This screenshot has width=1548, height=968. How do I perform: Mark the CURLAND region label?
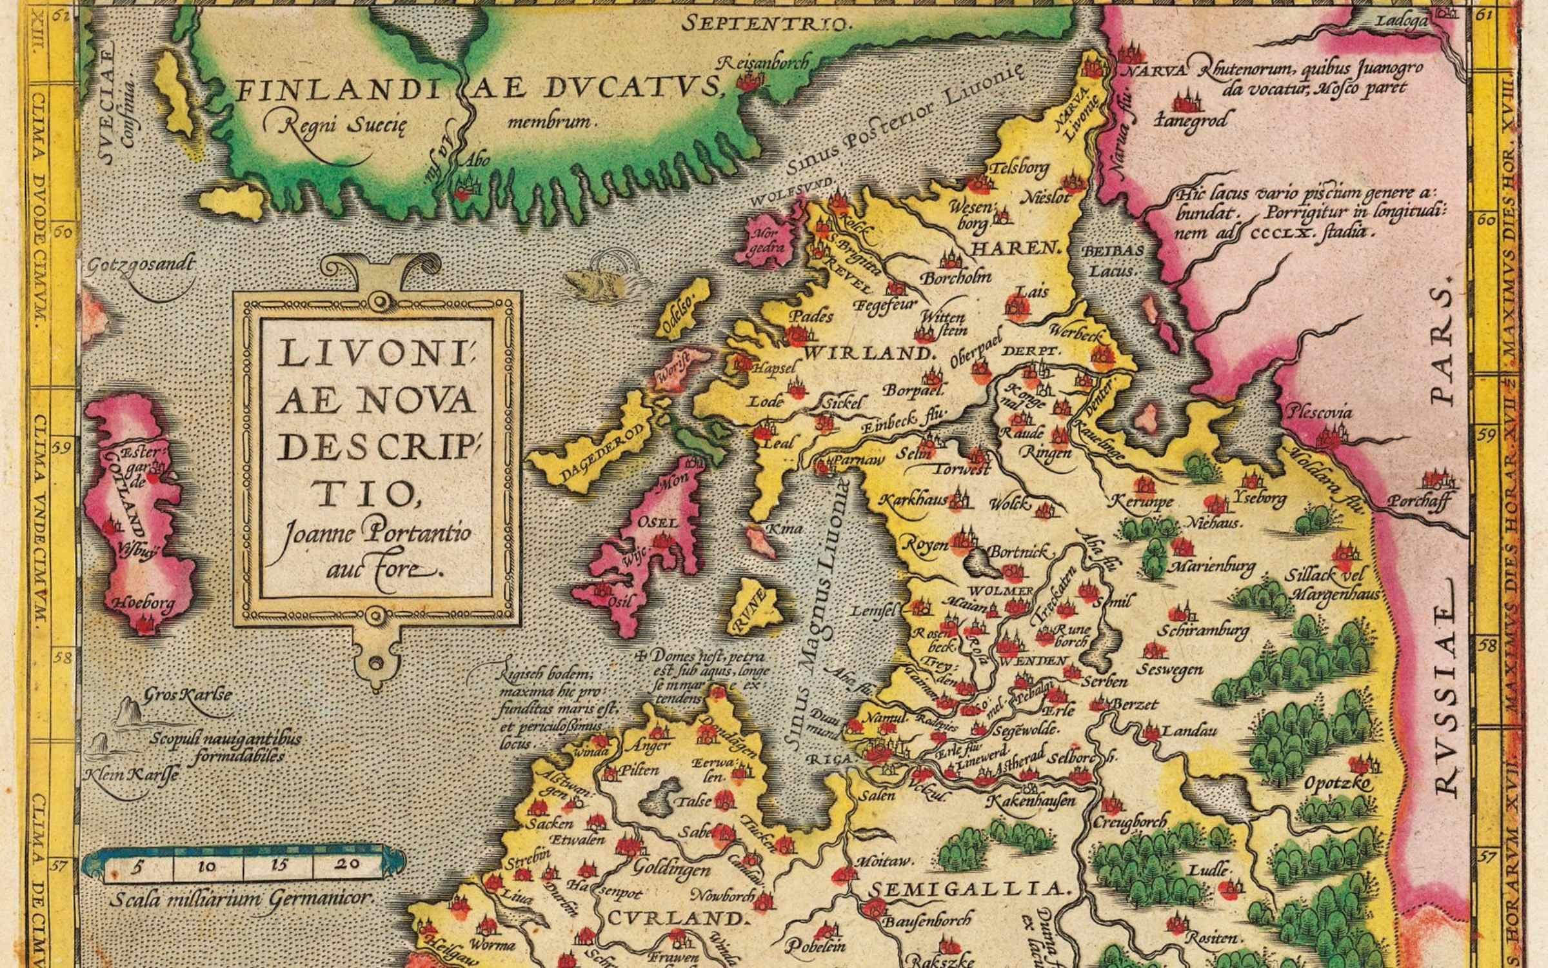677,918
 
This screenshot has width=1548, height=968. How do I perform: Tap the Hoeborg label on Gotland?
144,604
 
